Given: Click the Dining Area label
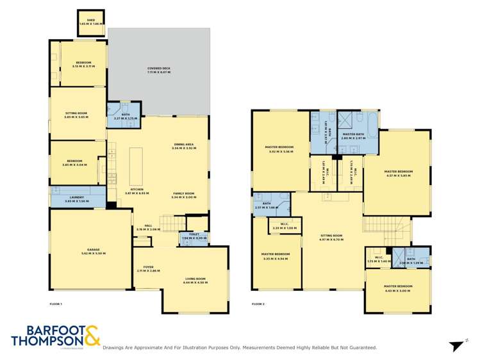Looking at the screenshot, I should pyautogui.click(x=184, y=146).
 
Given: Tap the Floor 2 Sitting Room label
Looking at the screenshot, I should pyautogui.click(x=332, y=238).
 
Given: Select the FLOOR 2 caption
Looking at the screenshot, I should pyautogui.click(x=258, y=304).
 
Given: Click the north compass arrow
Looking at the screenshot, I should pyautogui.click(x=456, y=347).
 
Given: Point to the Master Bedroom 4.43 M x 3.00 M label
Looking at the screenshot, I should pyautogui.click(x=398, y=288).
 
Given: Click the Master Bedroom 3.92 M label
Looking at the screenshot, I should pyautogui.click(x=280, y=149).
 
